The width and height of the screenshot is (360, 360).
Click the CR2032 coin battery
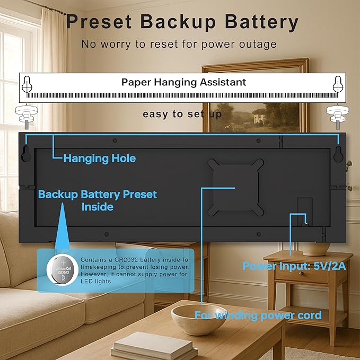tap(63, 270)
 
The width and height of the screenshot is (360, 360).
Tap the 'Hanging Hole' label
tap(100, 159)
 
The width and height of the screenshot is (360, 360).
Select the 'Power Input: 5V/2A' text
tap(294, 266)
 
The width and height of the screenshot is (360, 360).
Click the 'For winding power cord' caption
tap(258, 315)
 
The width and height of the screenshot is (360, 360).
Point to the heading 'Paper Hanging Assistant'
tap(183, 82)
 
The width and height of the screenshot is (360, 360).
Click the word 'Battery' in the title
tap(261, 22)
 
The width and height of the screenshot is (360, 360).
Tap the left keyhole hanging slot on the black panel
tap(26, 154)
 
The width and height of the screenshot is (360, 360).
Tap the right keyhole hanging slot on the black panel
tap(338, 154)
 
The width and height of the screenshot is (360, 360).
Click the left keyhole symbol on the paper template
tap(27, 84)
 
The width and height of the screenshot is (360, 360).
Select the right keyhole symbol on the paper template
tap(338, 84)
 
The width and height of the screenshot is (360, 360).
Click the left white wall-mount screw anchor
tap(27, 117)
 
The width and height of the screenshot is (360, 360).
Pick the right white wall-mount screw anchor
tap(338, 117)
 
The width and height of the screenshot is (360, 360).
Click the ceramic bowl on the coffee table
tap(199, 319)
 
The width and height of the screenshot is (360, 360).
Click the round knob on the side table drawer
tap(301, 274)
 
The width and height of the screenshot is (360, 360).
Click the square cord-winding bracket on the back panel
tap(235, 187)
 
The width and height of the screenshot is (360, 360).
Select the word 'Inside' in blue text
tap(98, 207)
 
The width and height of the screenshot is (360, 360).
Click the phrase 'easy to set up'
tap(182, 114)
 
